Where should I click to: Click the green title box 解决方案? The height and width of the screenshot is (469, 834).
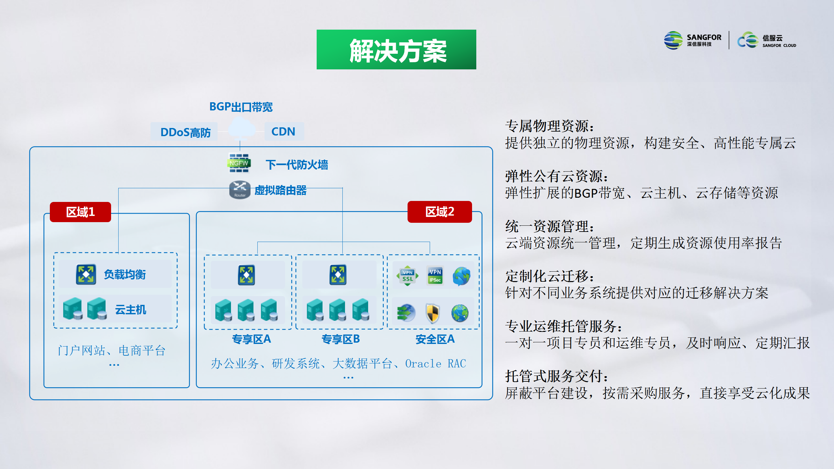pos(396,50)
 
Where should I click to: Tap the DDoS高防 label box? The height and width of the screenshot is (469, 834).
pos(184,132)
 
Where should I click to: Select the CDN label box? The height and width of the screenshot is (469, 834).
pos(284,131)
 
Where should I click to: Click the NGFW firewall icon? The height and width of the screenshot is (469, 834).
pos(239,163)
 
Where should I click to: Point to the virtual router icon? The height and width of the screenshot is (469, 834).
pos(240,190)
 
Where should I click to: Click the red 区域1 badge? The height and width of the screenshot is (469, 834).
pos(80,212)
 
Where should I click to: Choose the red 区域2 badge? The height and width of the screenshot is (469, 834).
pos(440,212)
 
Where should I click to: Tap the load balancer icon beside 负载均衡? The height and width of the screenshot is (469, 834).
pos(86,274)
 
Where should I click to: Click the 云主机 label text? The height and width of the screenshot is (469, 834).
pos(131,309)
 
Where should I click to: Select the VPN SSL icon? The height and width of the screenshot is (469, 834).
pos(408,276)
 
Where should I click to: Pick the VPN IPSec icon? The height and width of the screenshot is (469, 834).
pos(435,276)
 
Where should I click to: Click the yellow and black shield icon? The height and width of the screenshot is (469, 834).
pos(433,313)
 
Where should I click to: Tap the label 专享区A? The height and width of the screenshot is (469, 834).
pos(252,339)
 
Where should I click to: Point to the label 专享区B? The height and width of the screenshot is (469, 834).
pos(341,339)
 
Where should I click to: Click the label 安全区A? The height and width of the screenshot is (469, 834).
pos(435,339)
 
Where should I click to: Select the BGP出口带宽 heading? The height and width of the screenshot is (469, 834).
pos(241,107)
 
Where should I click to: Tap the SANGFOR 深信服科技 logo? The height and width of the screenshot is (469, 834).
pos(693,40)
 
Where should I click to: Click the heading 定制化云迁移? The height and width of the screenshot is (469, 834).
pos(550,276)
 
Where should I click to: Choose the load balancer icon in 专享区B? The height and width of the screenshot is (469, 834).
pos(338,275)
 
